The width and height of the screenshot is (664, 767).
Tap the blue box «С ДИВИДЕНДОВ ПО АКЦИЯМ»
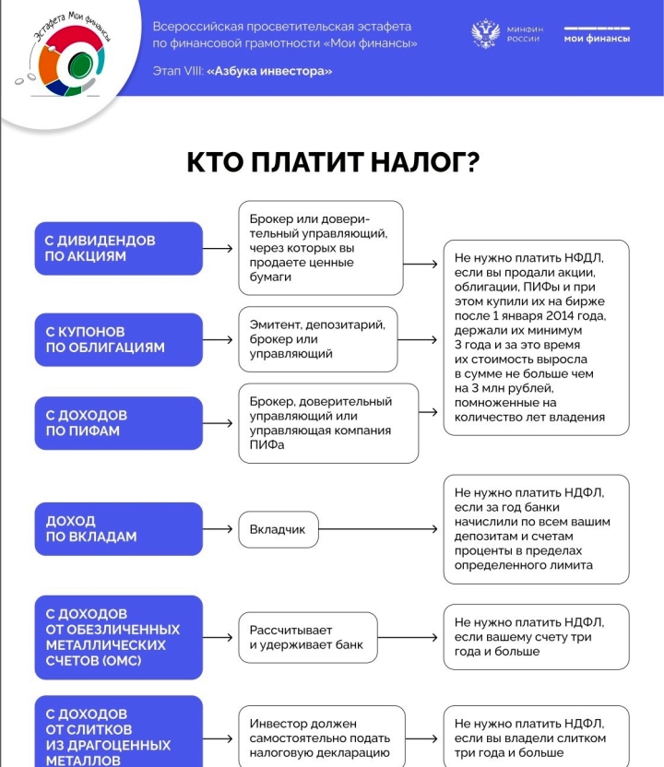[x=118, y=248]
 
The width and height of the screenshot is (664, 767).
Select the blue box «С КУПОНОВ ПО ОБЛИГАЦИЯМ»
[x=118, y=339]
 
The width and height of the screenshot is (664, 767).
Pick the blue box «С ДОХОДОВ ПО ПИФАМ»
[x=118, y=423]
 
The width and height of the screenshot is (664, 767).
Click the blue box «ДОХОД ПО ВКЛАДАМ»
[x=118, y=529]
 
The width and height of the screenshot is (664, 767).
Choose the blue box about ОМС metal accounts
[x=118, y=637]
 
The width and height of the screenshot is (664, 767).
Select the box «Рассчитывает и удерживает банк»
[x=307, y=637]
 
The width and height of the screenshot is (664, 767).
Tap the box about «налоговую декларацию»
[x=321, y=738]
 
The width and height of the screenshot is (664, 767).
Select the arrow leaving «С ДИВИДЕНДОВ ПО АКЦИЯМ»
[x=219, y=248]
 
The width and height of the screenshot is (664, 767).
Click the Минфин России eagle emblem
[x=485, y=34]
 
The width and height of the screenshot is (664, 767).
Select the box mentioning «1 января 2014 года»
[x=536, y=337]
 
